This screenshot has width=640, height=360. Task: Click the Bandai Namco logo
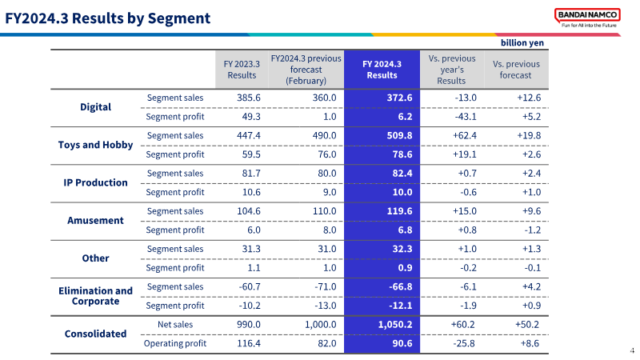tap(587, 18)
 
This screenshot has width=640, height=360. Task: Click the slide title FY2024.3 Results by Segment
tap(108, 18)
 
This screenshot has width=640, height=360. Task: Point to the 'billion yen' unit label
tap(522, 43)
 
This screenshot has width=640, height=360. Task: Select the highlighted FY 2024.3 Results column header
tap(382, 70)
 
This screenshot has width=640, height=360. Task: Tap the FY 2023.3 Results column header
tap(242, 70)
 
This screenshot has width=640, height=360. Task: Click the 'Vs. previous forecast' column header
tap(516, 70)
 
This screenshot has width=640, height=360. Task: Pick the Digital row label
tap(95, 107)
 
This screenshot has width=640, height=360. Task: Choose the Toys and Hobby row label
tap(95, 145)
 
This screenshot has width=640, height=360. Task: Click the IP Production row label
tap(95, 182)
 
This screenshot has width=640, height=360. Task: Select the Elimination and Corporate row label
tap(95, 296)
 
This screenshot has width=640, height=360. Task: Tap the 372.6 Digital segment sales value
tap(399, 98)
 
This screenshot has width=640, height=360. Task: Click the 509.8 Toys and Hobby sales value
tap(399, 135)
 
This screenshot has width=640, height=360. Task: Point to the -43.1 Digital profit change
tap(466, 117)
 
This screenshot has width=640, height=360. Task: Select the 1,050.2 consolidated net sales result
tap(395, 325)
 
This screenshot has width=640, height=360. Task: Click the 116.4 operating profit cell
tap(249, 344)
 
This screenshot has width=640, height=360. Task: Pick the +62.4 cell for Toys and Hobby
tap(465, 135)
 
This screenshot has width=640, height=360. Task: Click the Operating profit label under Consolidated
tap(175, 344)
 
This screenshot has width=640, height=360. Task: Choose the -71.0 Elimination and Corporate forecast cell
tap(326, 287)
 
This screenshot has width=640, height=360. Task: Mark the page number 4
tap(632, 350)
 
